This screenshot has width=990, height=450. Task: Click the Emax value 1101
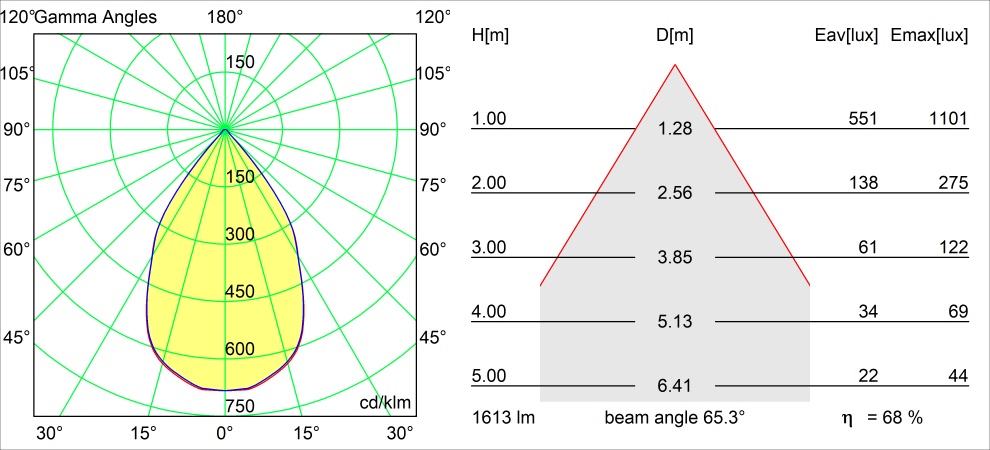948,119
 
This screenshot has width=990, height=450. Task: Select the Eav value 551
862,119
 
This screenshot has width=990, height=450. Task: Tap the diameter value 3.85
675,257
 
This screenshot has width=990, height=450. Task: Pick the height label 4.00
490,312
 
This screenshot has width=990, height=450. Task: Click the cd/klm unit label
385,403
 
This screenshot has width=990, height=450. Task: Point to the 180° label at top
225,17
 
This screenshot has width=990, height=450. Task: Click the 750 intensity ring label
240,405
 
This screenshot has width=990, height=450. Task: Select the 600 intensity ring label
240,349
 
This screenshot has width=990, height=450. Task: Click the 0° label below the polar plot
225,433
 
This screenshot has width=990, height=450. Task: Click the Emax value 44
957,376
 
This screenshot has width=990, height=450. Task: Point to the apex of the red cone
675,65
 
